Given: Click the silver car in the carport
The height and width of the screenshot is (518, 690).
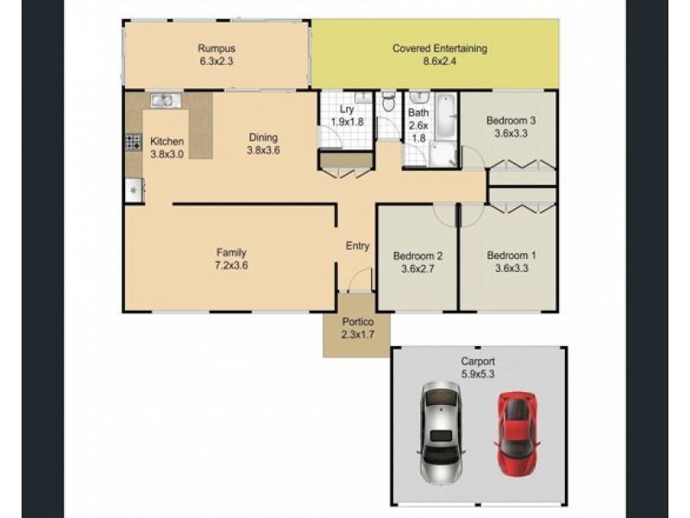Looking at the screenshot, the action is [x=442, y=433].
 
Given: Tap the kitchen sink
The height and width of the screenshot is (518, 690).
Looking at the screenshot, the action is [x=166, y=100].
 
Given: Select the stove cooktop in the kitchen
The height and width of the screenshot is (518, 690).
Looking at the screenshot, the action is [x=134, y=142].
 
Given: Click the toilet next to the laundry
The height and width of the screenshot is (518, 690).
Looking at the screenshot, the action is [x=388, y=102].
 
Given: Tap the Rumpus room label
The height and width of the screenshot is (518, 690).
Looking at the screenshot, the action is [x=216, y=48].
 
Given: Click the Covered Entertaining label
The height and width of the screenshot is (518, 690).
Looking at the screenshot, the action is [x=440, y=48].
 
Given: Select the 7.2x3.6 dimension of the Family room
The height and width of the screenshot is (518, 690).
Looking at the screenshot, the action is [x=231, y=266].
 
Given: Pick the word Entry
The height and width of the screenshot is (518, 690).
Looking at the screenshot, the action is [x=357, y=246].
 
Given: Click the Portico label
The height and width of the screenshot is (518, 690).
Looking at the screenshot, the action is [x=358, y=322].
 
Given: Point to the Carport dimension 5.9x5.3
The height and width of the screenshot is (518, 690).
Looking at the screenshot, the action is [x=478, y=375].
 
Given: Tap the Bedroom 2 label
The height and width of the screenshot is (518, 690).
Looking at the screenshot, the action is [x=417, y=256].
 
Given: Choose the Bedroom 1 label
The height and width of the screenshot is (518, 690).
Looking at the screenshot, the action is [x=511, y=256].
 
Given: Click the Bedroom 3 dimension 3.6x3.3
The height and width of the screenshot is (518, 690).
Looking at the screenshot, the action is [x=511, y=134].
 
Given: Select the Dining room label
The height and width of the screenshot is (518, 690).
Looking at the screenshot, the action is [x=263, y=137].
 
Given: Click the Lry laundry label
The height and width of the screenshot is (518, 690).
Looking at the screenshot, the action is [x=347, y=111].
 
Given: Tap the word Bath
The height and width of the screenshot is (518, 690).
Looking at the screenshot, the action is [x=418, y=113].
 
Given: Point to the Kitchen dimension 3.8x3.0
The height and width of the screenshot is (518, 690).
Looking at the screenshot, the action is [x=166, y=155].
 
